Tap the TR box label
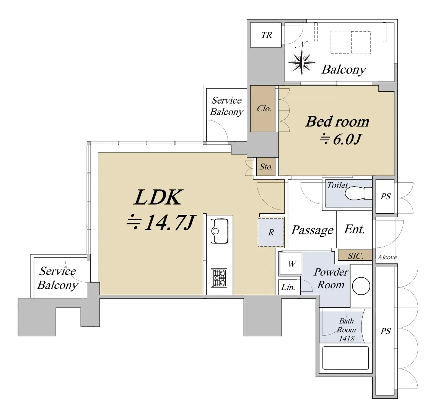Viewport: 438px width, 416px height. click(267, 35)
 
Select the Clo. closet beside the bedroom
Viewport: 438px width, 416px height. click(262, 109)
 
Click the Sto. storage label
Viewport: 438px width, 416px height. click(266, 167)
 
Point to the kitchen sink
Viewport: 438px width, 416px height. click(220, 231)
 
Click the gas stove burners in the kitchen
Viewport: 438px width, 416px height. click(219, 278)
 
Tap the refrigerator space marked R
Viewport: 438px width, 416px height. click(271, 232)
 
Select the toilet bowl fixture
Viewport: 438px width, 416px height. click(359, 193)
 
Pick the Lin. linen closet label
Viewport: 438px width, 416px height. click(288, 287)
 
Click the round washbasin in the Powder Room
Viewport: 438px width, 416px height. click(361, 286)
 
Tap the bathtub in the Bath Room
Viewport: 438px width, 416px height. click(345, 358)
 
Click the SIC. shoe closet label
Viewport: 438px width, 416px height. click(355, 256)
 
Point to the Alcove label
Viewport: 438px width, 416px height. click(387, 257)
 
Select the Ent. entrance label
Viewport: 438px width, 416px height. click(355, 229)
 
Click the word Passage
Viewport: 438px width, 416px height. click(312, 230)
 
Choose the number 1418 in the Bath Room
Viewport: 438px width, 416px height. click(346, 339)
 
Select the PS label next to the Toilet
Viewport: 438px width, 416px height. click(386, 196)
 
